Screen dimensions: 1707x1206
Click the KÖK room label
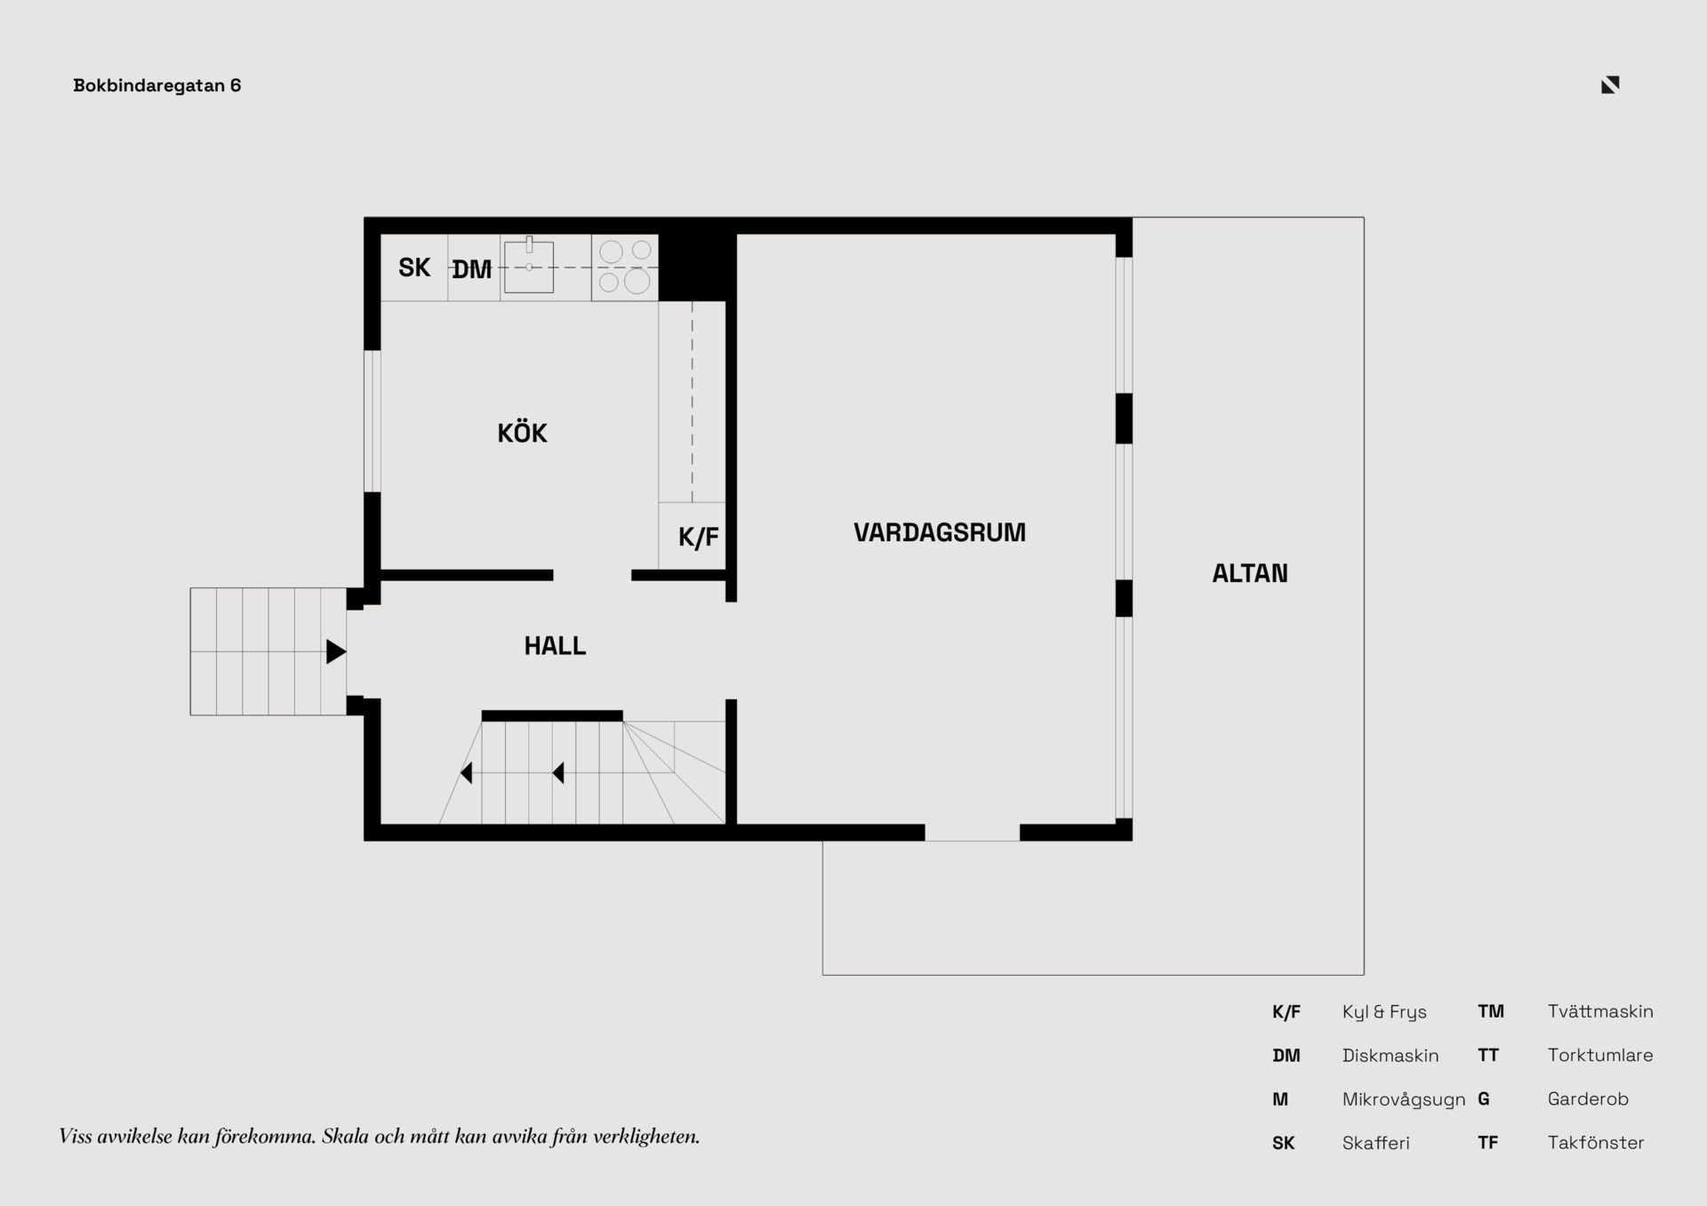522,433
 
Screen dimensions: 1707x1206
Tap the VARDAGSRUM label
940,532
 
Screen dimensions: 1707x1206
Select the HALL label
555,646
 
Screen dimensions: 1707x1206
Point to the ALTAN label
1250,573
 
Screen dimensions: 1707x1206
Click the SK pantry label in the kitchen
414,268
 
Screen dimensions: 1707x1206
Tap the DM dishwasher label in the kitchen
472,269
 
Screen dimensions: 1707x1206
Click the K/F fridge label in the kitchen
698,537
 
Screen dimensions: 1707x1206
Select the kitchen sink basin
529,267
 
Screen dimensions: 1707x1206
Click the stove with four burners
625,268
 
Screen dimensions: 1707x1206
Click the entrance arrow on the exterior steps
335,651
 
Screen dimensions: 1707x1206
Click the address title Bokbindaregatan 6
157,85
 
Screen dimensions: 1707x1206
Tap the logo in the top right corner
1610,84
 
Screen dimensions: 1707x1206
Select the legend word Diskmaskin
1390,1056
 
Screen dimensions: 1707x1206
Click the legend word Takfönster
1596,1143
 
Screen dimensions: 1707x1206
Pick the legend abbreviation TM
1491,1011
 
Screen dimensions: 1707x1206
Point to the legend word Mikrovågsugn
1404,1100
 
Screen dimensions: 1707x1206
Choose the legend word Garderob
1588,1099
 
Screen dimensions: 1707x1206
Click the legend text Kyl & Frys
1384,1012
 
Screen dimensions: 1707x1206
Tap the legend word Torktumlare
1600,1055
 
